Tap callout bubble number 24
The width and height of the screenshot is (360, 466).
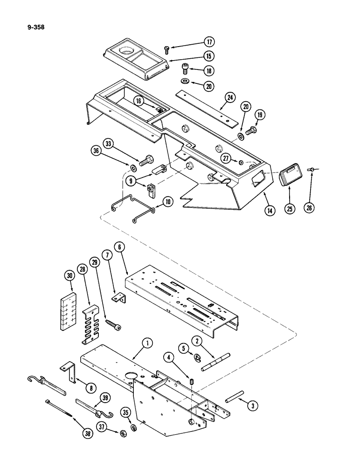pyautogui.click(x=229, y=97)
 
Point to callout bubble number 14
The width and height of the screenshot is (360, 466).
pyautogui.click(x=269, y=210)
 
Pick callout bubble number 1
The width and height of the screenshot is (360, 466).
pyautogui.click(x=147, y=344)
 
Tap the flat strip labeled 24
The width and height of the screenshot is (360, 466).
pyautogui.click(x=205, y=110)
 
